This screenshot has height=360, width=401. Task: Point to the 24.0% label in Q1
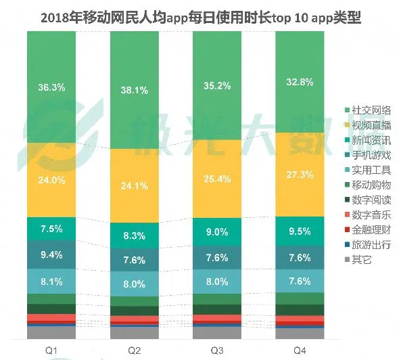[51, 180]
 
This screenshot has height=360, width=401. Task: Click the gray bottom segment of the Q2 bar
[134, 332]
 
